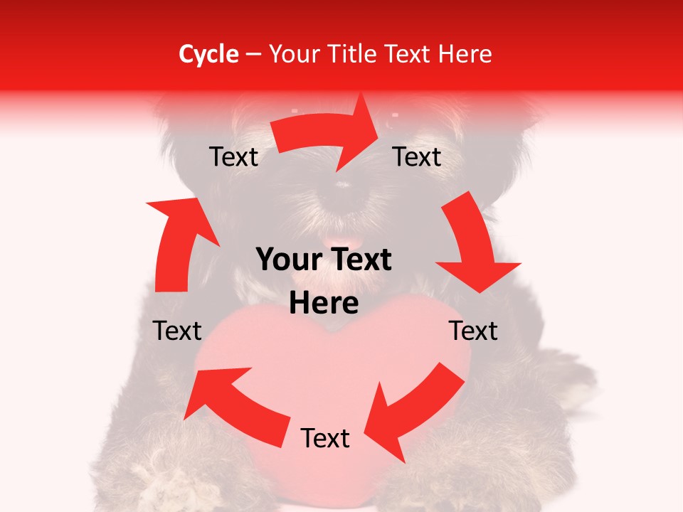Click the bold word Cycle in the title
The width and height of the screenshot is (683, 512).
point(208,54)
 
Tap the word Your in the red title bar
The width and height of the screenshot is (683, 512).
point(293,54)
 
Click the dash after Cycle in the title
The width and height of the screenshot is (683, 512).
point(254,55)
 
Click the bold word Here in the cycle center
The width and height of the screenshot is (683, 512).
point(324,304)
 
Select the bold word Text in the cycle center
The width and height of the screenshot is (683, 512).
point(363,260)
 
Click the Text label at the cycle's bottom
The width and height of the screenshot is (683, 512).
point(325,439)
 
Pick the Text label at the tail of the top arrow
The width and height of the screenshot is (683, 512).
point(233,157)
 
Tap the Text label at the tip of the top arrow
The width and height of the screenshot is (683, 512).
point(417,156)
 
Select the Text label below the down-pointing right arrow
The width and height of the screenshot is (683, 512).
point(473,331)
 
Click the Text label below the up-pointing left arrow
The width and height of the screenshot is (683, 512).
point(177,331)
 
